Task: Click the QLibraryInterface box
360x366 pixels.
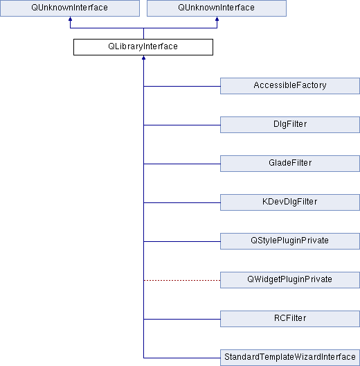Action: coord(143,47)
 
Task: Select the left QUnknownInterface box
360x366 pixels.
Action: coord(70,8)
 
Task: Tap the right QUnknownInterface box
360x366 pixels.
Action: coord(217,8)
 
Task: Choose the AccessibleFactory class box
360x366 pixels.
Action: coord(290,86)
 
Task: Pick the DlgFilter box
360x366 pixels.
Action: coord(290,125)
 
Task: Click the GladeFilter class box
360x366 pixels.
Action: coord(290,164)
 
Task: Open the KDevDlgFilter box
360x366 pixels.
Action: coord(290,202)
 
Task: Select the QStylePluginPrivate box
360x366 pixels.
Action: coord(290,241)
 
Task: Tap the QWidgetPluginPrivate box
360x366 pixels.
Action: coord(290,280)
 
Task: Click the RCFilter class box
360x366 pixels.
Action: coord(290,319)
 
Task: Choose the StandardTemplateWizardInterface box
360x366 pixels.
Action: coord(290,358)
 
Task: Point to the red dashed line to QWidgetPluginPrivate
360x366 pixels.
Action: coord(182,280)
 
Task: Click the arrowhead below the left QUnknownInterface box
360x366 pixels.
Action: coord(70,19)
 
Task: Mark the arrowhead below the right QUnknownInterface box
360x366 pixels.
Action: coord(217,19)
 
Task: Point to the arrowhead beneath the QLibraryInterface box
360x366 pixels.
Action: coord(143,58)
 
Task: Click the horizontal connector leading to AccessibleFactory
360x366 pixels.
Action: coord(182,87)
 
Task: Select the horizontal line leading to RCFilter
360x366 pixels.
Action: coord(182,319)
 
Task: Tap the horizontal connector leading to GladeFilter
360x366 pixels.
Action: coord(182,164)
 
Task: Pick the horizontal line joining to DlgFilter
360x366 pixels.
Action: coord(182,125)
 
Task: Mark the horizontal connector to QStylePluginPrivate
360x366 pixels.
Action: coord(182,242)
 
